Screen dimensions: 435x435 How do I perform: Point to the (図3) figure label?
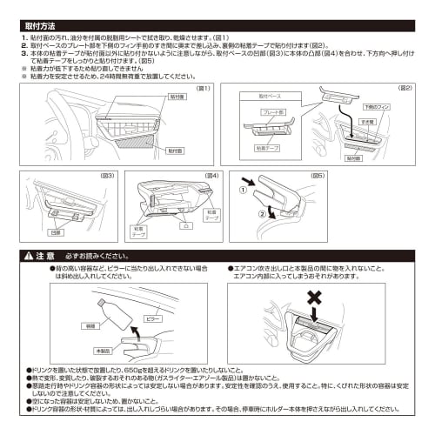pyautogui.click(x=108, y=177)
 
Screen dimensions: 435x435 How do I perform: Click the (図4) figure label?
pyautogui.click(x=211, y=177)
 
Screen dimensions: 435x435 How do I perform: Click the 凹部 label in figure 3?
pyautogui.click(x=56, y=233)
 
